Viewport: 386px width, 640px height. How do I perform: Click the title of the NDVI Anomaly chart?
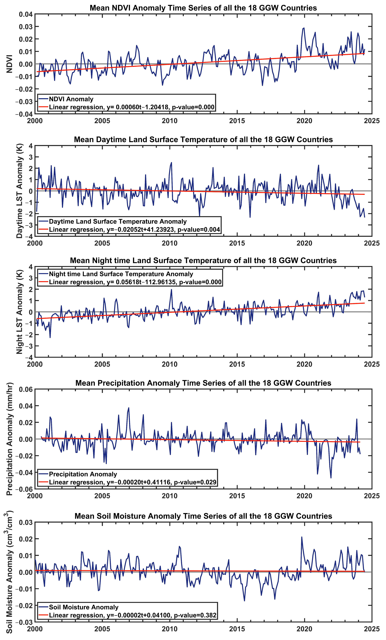(x=203, y=8)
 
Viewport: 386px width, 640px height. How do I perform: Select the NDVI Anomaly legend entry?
(x=71, y=99)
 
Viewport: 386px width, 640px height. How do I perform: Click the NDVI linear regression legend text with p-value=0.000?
(x=132, y=107)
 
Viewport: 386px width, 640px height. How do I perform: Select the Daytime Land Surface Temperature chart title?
(x=203, y=139)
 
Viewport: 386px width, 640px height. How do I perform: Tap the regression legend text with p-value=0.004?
(x=134, y=229)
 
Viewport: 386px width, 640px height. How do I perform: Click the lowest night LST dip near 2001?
(x=50, y=337)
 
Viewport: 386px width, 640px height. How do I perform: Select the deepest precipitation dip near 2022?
(x=331, y=478)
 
